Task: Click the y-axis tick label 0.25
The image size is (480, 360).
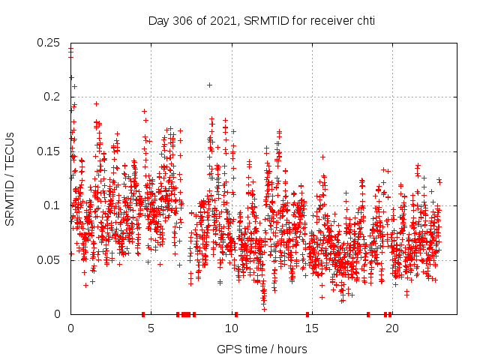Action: point(49,43)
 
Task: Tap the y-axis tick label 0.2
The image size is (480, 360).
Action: point(52,97)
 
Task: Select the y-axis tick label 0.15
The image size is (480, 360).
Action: point(49,151)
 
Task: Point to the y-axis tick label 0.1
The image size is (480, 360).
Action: point(52,205)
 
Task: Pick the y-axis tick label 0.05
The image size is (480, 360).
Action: point(49,260)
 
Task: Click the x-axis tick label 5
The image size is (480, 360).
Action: point(151,328)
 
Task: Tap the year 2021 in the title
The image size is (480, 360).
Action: point(223,20)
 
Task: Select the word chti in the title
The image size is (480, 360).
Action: point(364,20)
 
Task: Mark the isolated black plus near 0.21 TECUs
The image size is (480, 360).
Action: point(209,85)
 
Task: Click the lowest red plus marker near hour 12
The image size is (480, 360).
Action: point(264,308)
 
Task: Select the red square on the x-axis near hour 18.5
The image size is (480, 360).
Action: point(368,314)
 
